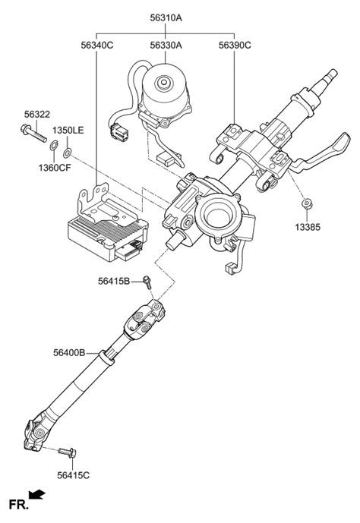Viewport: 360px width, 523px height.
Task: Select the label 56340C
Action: click(x=97, y=46)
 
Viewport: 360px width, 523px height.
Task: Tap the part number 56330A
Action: click(x=166, y=46)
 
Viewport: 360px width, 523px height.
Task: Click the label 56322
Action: click(x=36, y=114)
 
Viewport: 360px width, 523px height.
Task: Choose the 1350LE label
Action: click(x=68, y=131)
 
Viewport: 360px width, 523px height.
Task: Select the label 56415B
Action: click(x=115, y=282)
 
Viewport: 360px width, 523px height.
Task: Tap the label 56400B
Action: click(x=69, y=352)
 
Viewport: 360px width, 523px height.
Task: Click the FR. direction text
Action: click(x=19, y=504)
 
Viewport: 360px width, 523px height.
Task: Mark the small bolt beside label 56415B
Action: click(x=147, y=284)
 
